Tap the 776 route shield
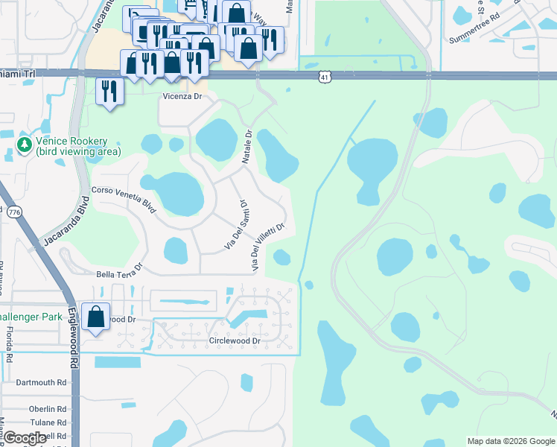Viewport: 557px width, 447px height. click(13, 212)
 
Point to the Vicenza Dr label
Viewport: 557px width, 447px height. click(182, 96)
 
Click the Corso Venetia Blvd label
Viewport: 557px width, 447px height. click(124, 200)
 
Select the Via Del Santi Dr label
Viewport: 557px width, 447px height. click(235, 223)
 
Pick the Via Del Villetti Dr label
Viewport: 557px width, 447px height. click(267, 247)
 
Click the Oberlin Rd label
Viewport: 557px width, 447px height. click(48, 409)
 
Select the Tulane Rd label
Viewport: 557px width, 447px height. click(48, 422)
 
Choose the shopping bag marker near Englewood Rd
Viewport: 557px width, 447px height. click(97, 316)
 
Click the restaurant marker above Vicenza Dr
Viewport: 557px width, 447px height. click(110, 91)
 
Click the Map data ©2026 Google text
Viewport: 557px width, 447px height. click(510, 441)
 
